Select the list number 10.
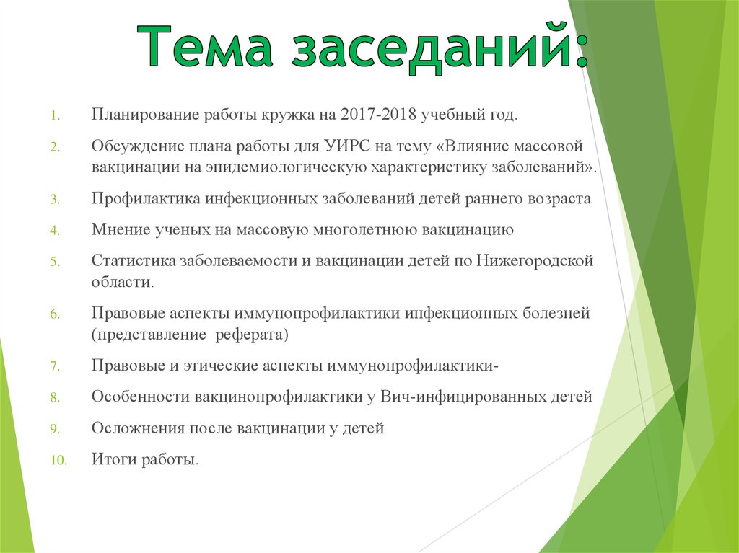tap(58, 460)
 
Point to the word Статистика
tap(134, 261)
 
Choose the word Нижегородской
tap(535, 261)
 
